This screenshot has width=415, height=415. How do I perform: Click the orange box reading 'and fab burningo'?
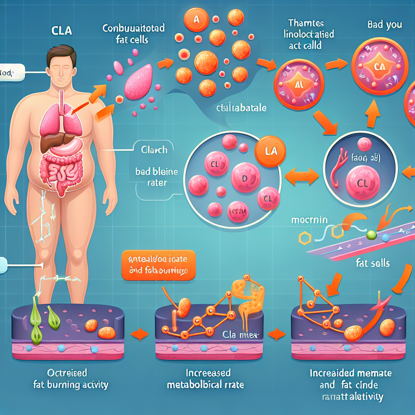click(x=158, y=265)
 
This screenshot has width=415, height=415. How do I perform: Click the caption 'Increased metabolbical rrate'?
click(x=206, y=379)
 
